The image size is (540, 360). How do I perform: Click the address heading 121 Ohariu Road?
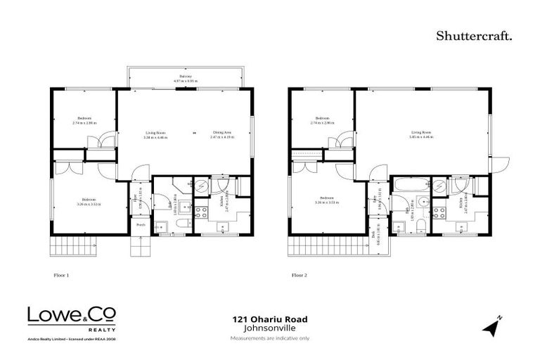(x=270, y=319)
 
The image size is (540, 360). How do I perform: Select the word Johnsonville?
(x=270, y=328)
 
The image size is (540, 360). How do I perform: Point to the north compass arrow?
(x=491, y=326)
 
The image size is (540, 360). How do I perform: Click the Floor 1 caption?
(x=62, y=276)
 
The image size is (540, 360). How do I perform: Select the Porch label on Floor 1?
(x=141, y=226)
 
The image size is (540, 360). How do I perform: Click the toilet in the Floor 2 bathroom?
(x=419, y=224)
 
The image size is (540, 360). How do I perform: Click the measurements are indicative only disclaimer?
(x=270, y=338)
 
